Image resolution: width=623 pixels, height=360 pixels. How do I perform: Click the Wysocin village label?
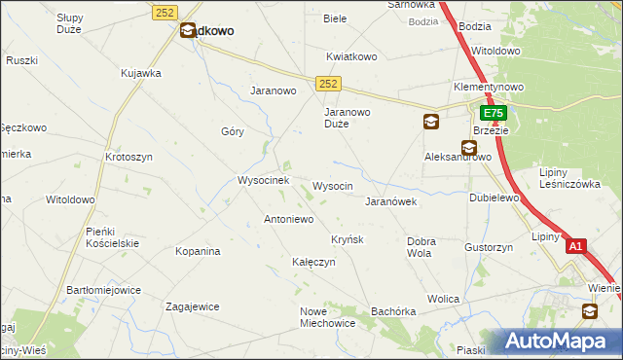point(332,185)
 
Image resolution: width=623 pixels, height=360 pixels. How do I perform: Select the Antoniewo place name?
point(288,219)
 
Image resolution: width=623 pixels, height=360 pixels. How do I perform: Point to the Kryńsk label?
point(348,239)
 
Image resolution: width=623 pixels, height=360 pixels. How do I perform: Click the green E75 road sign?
point(493,114)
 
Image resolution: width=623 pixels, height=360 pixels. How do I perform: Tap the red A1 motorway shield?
point(575,247)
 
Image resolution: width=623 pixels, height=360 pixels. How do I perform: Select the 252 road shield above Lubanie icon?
point(164,11)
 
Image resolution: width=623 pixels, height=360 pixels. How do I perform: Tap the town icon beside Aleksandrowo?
point(469,149)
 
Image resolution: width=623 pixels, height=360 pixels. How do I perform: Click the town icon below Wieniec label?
point(590,311)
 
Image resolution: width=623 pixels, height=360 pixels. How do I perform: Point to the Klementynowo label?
point(488,87)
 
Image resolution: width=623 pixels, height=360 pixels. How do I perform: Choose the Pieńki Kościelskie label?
point(113,236)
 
